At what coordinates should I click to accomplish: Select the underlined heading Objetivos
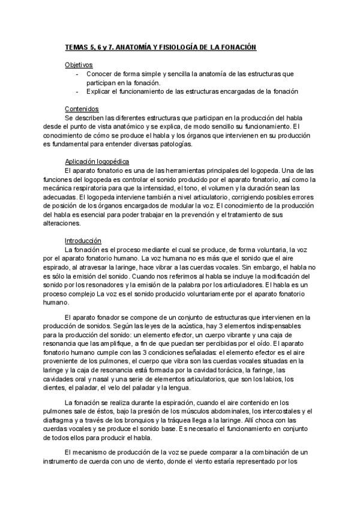79,65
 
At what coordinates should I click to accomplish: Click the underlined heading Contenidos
81,110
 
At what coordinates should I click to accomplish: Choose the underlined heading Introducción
83,240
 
